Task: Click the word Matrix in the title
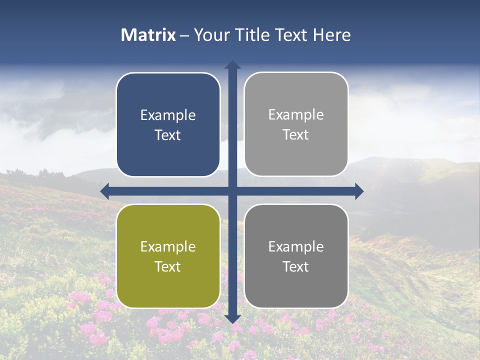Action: (x=148, y=35)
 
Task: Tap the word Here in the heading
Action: (x=332, y=35)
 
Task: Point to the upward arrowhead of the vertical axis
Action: (x=232, y=65)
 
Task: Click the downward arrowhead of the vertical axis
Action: (x=232, y=318)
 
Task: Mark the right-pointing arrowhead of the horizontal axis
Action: (x=359, y=191)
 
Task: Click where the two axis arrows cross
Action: (x=232, y=191)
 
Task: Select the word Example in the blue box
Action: (x=168, y=115)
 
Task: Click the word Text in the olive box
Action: (x=168, y=266)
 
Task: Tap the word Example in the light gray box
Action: (x=296, y=115)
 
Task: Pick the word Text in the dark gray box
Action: (x=296, y=266)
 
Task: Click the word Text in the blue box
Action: (x=168, y=135)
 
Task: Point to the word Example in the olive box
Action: (x=168, y=247)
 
